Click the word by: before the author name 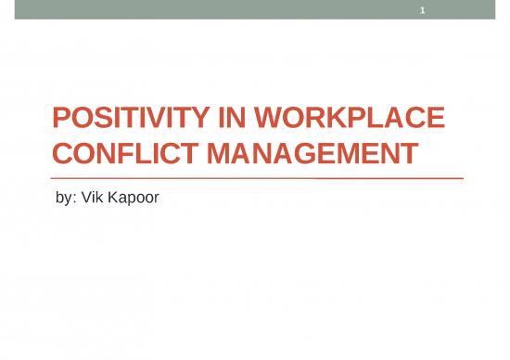58,196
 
